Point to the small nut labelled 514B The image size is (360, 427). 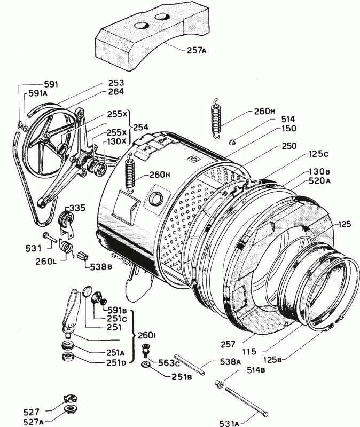[218, 383]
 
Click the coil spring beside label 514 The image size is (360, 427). [216, 118]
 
